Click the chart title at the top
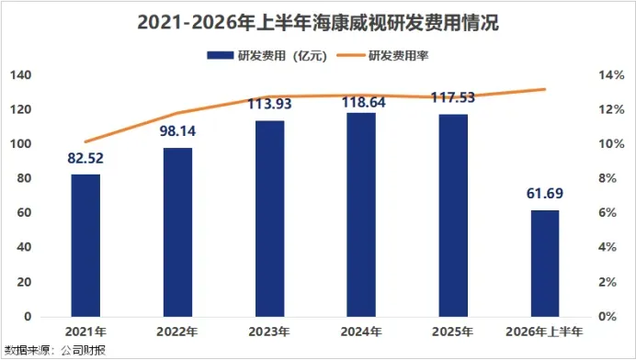(x=318, y=22)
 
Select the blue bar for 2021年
(x=85, y=245)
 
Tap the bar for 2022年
(x=177, y=232)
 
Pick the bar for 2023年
(x=269, y=219)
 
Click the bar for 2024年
(x=361, y=215)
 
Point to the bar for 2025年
(x=453, y=215)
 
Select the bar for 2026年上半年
(x=545, y=264)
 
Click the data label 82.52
(x=85, y=158)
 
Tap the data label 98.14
(x=177, y=131)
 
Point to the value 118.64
(x=363, y=102)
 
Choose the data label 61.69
(x=545, y=194)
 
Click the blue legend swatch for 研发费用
(x=221, y=55)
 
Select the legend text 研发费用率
(x=398, y=55)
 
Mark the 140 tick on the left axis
(x=21, y=75)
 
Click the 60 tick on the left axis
(x=24, y=212)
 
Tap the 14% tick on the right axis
(x=611, y=75)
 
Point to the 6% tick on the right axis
(x=608, y=212)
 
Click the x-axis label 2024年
(x=361, y=332)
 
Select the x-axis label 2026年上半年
(x=544, y=332)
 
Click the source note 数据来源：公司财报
(x=55, y=350)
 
